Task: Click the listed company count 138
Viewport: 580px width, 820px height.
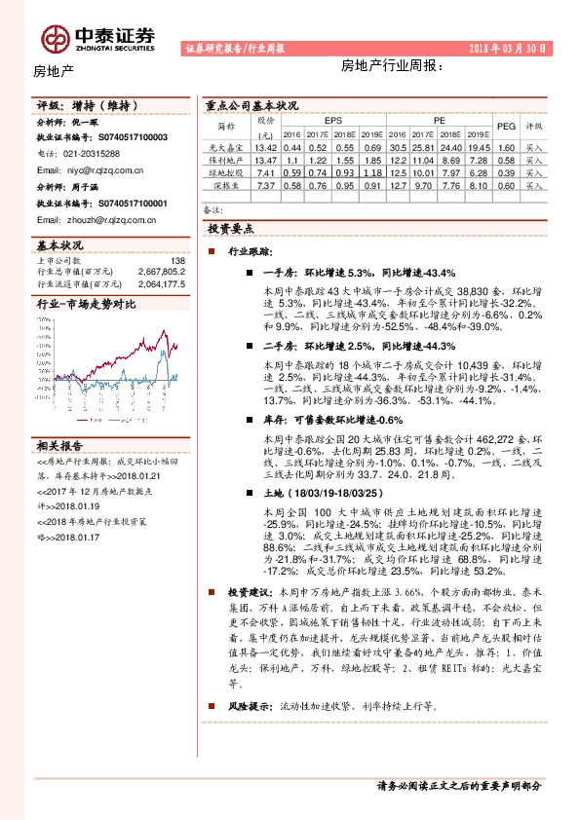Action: pyautogui.click(x=177, y=261)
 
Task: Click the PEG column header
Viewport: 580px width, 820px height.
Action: pyautogui.click(x=505, y=126)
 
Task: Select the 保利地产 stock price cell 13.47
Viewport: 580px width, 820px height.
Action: pyautogui.click(x=265, y=159)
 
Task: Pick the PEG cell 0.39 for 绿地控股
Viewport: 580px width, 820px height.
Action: pyautogui.click(x=505, y=171)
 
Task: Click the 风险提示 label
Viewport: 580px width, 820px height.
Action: pyautogui.click(x=247, y=704)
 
